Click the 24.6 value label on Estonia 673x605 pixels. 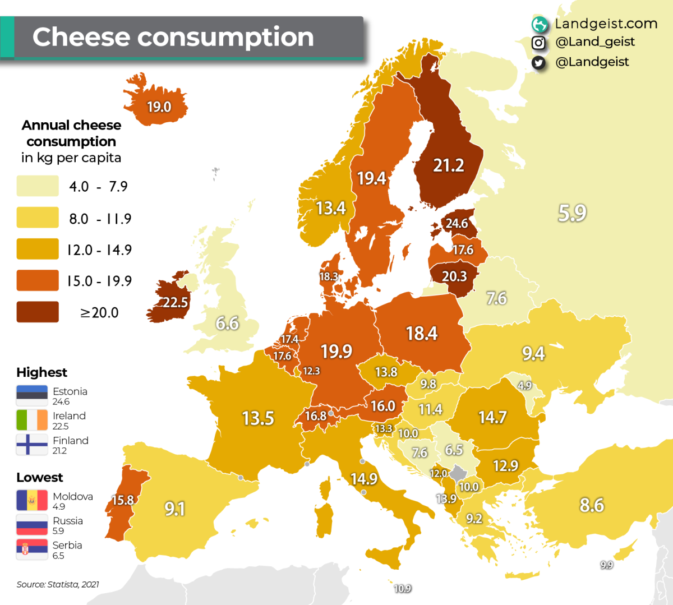point(457,223)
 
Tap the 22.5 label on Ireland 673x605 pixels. point(175,303)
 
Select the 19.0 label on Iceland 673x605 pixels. point(159,107)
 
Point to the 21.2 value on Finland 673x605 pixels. point(448,165)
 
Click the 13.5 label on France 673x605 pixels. point(257,418)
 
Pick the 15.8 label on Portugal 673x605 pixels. point(123,500)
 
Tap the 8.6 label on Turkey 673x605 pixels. point(591,505)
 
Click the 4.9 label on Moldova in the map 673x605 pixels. point(524,386)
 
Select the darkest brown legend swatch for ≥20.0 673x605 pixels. point(38,312)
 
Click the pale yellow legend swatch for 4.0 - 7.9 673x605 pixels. point(38,186)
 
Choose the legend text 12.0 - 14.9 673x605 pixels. point(99,250)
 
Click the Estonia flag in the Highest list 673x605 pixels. point(32,396)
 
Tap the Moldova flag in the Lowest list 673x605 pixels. point(32,500)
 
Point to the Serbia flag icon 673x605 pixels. point(32,549)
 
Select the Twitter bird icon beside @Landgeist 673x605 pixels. point(538,62)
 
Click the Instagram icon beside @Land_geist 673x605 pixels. point(538,43)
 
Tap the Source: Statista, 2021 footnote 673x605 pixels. point(58,584)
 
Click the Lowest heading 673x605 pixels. point(39,477)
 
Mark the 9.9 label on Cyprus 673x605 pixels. point(606,565)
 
